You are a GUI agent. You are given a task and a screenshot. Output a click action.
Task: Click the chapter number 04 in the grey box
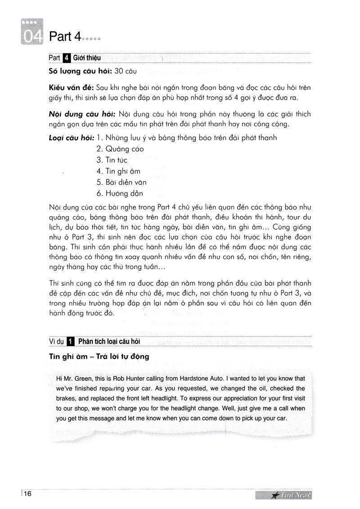[x=31, y=37]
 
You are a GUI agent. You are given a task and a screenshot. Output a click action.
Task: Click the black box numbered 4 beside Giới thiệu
[x=67, y=58]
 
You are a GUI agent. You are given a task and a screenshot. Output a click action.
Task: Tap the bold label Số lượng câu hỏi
[x=80, y=71]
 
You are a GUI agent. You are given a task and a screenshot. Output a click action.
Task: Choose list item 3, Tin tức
[x=112, y=160]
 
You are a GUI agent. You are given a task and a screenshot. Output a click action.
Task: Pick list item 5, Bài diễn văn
[x=121, y=183]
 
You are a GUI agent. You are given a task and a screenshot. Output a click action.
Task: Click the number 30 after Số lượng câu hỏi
[x=119, y=71]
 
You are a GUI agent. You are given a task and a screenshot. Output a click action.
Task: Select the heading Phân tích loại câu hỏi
[x=109, y=341]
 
